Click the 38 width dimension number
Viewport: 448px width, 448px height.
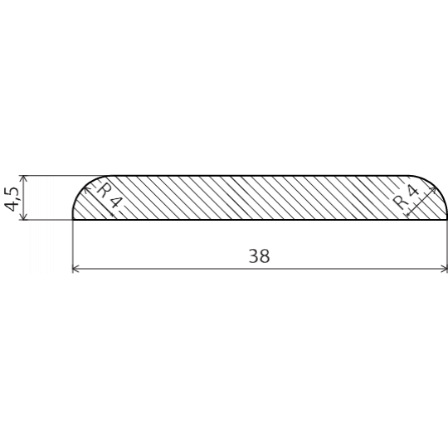click(x=259, y=256)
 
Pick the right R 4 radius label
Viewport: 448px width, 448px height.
click(x=405, y=197)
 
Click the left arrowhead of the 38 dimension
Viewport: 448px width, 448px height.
click(x=75, y=269)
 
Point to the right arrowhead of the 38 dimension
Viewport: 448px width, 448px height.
click(x=445, y=269)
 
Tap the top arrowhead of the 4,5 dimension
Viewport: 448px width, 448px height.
click(x=23, y=178)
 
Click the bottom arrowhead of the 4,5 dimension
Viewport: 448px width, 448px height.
click(x=23, y=217)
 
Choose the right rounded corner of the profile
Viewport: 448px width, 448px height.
click(x=436, y=186)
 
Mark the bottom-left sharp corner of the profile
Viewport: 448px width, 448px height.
click(x=73, y=220)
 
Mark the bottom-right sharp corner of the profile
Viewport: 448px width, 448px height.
click(x=446, y=220)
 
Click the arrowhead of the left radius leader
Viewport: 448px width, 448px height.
click(x=86, y=188)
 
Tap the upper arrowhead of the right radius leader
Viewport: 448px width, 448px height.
click(x=432, y=190)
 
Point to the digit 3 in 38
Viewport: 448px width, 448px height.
click(x=254, y=256)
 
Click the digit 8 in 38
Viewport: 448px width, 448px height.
click(x=265, y=256)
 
